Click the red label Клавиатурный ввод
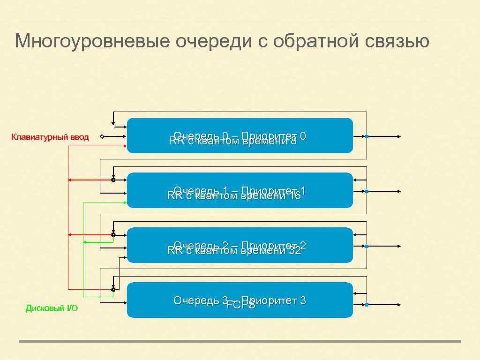(x=50, y=137)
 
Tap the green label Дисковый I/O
(x=52, y=308)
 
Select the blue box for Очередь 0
(x=240, y=136)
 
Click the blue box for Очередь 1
(x=240, y=190)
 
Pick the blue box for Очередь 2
(x=240, y=245)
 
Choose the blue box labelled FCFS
(x=240, y=300)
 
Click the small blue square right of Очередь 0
(x=367, y=137)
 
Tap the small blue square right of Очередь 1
(x=367, y=191)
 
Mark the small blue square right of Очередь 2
(x=367, y=246)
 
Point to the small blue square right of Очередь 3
(x=367, y=305)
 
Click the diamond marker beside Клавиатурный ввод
(x=102, y=137)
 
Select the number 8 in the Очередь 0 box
(x=293, y=141)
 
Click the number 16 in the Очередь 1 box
(x=295, y=196)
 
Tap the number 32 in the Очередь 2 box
(x=295, y=251)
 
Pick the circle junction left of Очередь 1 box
(x=113, y=180)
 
